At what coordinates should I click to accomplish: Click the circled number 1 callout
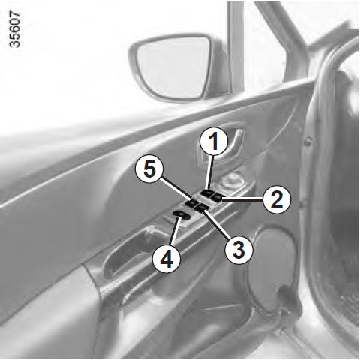tap(214, 141)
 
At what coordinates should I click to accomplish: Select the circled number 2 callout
tap(277, 199)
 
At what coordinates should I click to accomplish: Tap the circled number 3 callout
tap(239, 250)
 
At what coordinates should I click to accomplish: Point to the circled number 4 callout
tap(167, 260)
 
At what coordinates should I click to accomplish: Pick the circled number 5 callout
tap(149, 169)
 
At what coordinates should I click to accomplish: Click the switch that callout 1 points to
tap(207, 193)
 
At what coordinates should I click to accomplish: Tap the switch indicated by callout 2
tap(217, 197)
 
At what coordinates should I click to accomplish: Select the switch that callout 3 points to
tap(203, 208)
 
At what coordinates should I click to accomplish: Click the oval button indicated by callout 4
tap(182, 215)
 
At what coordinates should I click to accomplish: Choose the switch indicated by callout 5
tap(192, 202)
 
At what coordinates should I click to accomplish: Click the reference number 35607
tap(14, 29)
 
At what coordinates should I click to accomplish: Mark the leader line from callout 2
tap(242, 199)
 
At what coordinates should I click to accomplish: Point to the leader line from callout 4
tap(175, 231)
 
